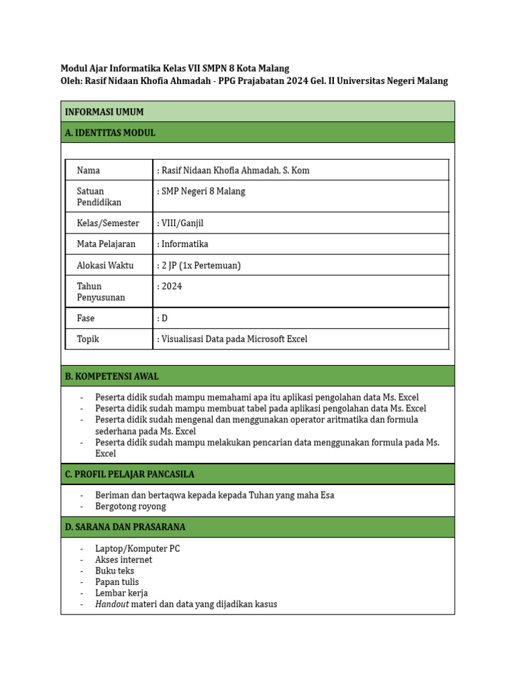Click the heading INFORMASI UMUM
pos(104,112)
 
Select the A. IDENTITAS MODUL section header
pos(110,133)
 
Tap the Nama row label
pos(89,170)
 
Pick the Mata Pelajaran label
pos(106,244)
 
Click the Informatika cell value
pos(184,244)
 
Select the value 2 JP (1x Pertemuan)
pos(201,265)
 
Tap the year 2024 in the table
pos(172,286)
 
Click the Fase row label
pos(86,318)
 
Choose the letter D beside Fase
pos(164,318)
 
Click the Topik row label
pos(88,339)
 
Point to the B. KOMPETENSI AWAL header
pos(112,376)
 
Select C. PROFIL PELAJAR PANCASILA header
pos(129,474)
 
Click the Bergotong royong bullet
pos(130,507)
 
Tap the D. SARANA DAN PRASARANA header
pos(125,527)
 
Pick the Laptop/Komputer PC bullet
pos(137,549)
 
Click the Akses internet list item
pos(123,560)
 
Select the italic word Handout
pos(111,604)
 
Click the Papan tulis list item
pos(117,582)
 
